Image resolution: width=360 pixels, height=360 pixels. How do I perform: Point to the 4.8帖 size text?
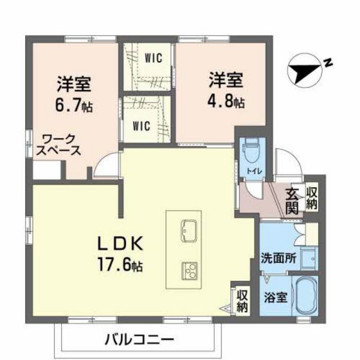click(x=224, y=102)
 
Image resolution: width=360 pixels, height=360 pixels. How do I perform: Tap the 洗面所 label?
click(x=278, y=260)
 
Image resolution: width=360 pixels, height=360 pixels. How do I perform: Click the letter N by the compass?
click(x=327, y=63)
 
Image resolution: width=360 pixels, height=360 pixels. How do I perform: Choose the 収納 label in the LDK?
click(x=242, y=300)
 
